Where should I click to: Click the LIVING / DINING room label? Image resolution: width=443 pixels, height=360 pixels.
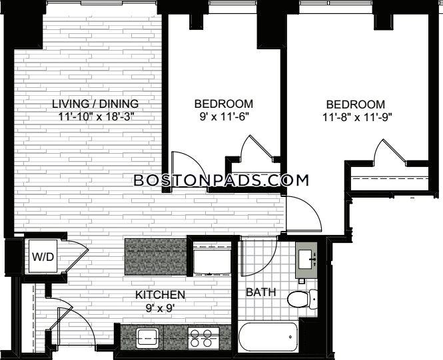(95, 104)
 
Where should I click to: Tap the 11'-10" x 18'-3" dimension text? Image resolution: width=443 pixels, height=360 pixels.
(95, 116)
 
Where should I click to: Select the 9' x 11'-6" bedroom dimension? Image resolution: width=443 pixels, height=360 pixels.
(224, 116)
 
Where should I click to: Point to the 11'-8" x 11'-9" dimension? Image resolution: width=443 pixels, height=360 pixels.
(356, 117)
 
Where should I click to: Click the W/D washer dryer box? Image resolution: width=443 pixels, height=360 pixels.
(43, 256)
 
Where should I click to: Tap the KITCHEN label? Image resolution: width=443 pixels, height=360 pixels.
(160, 295)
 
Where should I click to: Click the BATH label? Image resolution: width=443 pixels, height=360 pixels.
(260, 292)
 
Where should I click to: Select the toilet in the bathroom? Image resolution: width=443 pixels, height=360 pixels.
(302, 299)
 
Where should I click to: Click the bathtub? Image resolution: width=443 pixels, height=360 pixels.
(268, 337)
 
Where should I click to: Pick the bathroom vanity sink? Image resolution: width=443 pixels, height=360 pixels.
(306, 260)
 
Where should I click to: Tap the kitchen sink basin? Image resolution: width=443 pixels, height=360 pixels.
(147, 338)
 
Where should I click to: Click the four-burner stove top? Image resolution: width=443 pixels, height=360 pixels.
(204, 338)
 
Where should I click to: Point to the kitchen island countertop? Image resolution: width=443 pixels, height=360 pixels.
(156, 257)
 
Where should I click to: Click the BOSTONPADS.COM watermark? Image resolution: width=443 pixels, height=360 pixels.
(221, 180)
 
